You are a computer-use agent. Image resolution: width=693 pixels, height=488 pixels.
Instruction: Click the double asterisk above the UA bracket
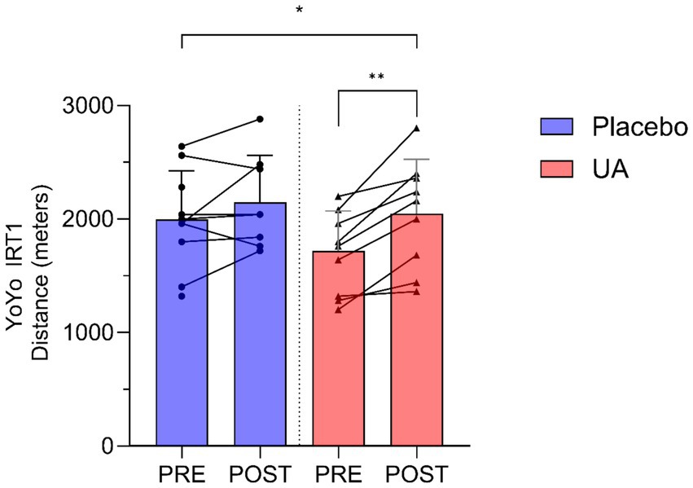(376, 78)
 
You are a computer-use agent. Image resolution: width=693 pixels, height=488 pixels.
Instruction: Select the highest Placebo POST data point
(260, 119)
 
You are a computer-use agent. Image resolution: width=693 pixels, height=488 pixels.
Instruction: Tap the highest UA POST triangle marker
(416, 129)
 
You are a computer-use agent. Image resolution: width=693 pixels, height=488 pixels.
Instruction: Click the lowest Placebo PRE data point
(182, 296)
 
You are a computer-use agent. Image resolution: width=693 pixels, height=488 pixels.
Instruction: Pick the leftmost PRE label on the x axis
(182, 473)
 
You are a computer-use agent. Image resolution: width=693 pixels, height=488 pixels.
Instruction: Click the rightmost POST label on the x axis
(416, 473)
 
